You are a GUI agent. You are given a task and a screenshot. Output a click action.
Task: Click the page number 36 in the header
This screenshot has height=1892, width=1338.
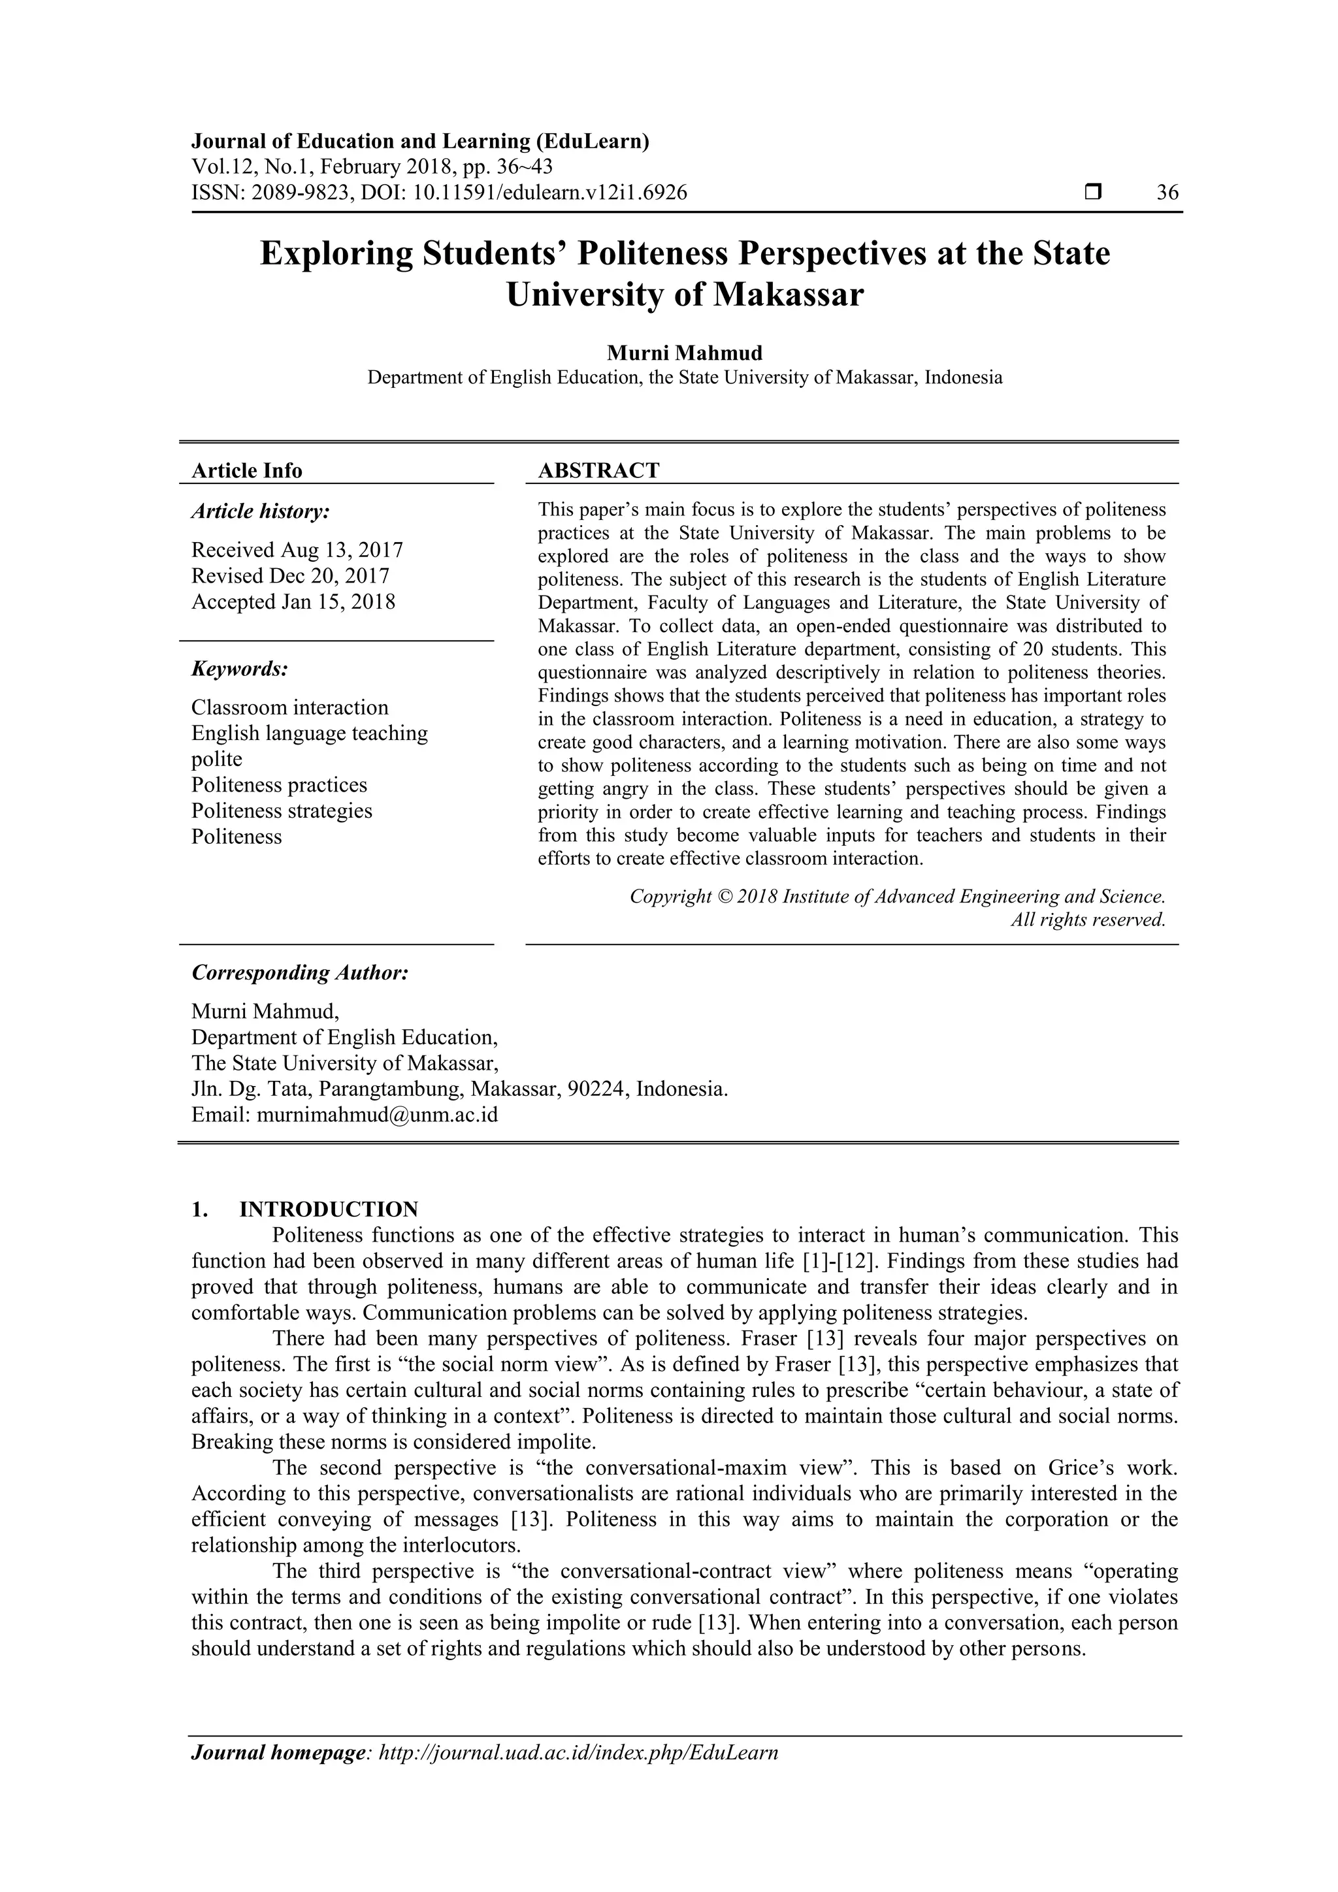click(x=1167, y=193)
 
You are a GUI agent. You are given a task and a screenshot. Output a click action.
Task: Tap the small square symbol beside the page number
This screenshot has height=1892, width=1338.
click(x=1093, y=193)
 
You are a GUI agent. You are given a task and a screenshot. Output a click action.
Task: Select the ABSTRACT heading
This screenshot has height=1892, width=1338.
click(x=598, y=470)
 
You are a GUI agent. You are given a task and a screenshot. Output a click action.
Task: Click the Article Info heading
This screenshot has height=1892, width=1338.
click(x=246, y=470)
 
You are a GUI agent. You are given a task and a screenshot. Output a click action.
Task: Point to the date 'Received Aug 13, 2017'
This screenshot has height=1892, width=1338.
click(x=297, y=550)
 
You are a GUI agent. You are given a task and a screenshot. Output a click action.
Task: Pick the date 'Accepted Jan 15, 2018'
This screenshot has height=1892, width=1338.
click(x=293, y=601)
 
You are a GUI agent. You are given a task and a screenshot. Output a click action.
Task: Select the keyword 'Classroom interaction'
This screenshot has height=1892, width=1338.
click(x=289, y=707)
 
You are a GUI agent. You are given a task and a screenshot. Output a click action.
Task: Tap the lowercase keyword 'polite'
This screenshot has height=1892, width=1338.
click(x=217, y=759)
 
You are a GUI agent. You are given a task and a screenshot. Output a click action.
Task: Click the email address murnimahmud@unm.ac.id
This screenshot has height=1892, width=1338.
click(x=377, y=1115)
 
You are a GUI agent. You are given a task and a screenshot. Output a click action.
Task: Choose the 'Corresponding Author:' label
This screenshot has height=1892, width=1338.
click(x=300, y=972)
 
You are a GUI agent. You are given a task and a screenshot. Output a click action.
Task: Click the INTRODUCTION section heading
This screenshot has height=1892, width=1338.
click(x=328, y=1209)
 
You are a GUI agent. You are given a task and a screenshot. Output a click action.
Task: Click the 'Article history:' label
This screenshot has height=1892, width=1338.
click(x=261, y=512)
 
